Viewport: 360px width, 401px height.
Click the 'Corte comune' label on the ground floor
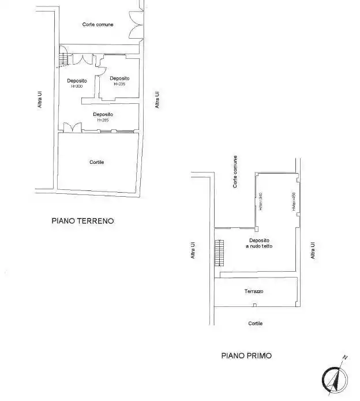[x=97, y=24]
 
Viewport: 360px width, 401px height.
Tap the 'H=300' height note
[x=77, y=87]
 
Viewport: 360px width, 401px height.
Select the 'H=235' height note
[x=119, y=84]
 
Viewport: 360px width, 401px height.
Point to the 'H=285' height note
[x=103, y=120]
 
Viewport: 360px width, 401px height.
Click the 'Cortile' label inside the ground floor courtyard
[x=96, y=163]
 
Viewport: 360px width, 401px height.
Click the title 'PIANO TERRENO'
[x=83, y=220]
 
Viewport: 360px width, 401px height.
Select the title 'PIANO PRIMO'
[x=246, y=356]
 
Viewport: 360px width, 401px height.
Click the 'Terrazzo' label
[x=254, y=292]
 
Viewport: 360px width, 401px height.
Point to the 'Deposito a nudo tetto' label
[x=259, y=243]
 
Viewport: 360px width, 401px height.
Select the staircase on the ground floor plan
[x=63, y=59]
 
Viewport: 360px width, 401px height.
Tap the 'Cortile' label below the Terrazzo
[x=256, y=324]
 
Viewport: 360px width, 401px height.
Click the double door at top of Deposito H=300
[x=87, y=59]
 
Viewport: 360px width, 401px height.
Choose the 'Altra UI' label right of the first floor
[x=313, y=250]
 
